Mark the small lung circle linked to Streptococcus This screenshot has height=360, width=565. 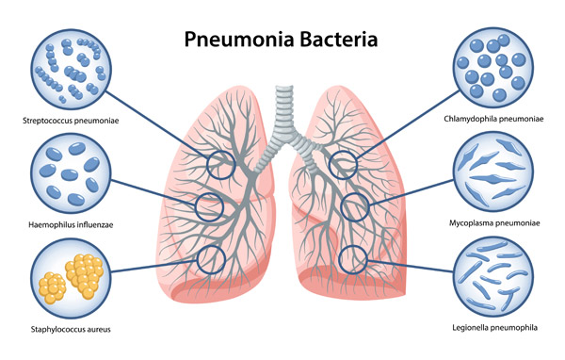(222, 164)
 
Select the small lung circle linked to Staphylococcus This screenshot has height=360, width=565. (211, 259)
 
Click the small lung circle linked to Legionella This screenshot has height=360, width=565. (352, 255)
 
